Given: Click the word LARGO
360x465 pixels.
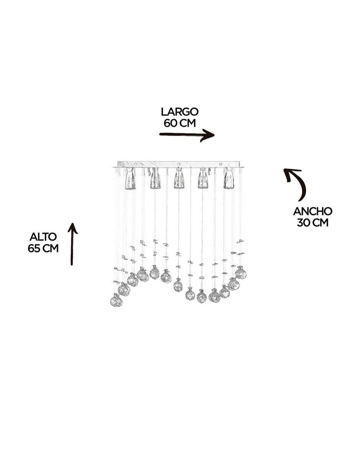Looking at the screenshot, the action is [x=180, y=112].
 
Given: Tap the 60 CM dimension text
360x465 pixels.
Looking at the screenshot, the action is [x=180, y=123].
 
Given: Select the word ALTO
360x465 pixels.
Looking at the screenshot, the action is [x=43, y=237].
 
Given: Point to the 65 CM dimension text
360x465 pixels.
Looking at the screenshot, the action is [x=43, y=248].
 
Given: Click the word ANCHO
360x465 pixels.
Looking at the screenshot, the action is [x=313, y=211].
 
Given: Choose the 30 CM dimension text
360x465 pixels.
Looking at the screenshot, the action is [x=313, y=223].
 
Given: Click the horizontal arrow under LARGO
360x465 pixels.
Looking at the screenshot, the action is [x=187, y=135].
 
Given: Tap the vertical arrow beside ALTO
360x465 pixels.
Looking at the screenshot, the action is [x=72, y=244].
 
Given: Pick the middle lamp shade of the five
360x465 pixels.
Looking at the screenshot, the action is [x=178, y=178].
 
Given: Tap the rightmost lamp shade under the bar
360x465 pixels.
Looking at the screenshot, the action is [x=229, y=178].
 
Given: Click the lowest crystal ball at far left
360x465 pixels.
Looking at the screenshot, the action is [x=116, y=300].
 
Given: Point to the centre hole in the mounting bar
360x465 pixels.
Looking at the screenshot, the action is [x=178, y=164].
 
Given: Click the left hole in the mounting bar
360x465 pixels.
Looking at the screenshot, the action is [x=136, y=164].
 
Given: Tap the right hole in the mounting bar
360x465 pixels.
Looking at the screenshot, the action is [x=221, y=164].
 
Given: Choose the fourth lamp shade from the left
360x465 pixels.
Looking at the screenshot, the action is [x=203, y=178].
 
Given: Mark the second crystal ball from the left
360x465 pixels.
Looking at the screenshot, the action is [x=124, y=289].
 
